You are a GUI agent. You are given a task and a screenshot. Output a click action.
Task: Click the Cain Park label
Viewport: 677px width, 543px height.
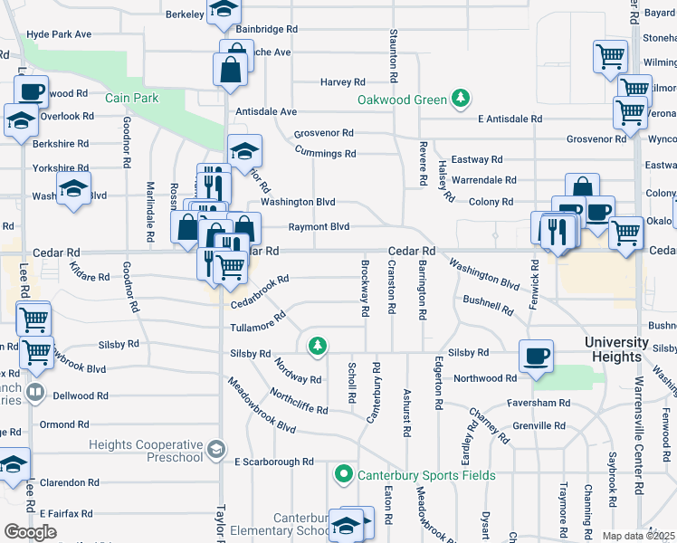tap(131, 98)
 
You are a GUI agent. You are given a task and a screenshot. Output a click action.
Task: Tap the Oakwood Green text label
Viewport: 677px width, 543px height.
tap(403, 99)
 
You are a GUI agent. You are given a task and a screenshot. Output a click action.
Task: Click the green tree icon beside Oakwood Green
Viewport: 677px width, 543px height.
tap(462, 98)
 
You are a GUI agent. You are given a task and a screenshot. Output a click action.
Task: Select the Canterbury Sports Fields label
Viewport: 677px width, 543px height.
tap(425, 475)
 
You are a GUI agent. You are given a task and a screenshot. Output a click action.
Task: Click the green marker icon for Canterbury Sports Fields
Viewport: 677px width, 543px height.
tap(344, 474)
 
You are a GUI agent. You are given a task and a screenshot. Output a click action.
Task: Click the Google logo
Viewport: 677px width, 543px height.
tap(31, 531)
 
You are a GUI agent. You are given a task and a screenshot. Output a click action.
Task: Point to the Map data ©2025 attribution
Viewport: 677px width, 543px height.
tap(639, 536)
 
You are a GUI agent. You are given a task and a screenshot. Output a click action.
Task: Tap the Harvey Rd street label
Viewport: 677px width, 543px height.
tap(342, 81)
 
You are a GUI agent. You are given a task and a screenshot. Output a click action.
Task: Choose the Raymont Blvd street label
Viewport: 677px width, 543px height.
tap(319, 227)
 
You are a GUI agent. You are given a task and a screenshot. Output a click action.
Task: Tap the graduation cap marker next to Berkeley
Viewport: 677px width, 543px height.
tap(223, 11)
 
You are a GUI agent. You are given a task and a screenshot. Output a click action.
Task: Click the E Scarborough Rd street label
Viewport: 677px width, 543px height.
tap(273, 462)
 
